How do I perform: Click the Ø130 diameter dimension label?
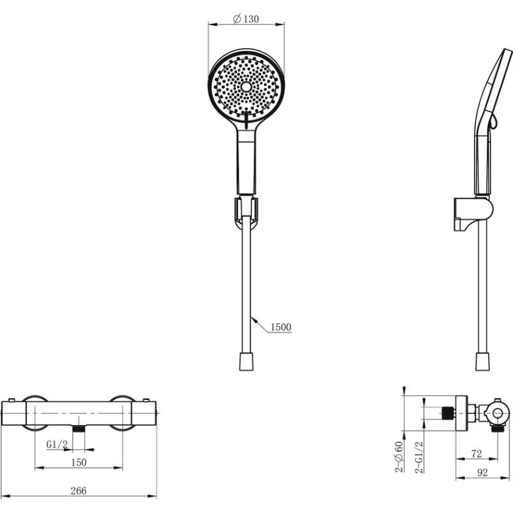pos(246,19)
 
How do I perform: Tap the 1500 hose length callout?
pos(281,327)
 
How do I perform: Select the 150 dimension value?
pos(79,462)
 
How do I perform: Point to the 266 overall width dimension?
pos(78,491)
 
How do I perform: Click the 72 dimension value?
pos(476,454)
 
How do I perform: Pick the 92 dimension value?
pos(483,473)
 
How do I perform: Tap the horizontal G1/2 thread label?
pos(57,444)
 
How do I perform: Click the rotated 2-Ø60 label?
pos(399,457)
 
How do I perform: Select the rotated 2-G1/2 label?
pos(419,457)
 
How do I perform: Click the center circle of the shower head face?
pos(246,87)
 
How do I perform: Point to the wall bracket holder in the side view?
pos(473,214)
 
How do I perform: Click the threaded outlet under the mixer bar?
pos(78,429)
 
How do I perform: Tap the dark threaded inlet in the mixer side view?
pos(447,413)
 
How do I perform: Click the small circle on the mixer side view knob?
pos(498,414)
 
